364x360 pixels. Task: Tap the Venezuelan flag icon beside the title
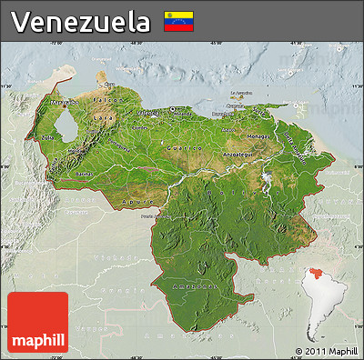(177, 22)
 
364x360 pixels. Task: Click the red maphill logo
(37, 323)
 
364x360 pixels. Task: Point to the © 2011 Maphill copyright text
(326, 351)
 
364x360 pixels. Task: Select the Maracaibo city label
(63, 104)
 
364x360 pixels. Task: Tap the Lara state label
(106, 118)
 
